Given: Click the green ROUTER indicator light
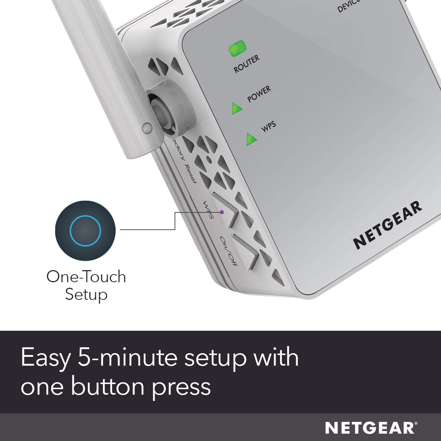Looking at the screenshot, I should coord(238,49).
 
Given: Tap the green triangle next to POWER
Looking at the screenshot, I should coord(237,108).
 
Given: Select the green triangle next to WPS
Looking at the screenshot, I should coord(251,139).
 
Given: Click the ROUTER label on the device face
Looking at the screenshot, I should coord(247,64).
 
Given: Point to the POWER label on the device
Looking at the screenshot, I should coord(259,94).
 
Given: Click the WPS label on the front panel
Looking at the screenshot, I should coord(268,126).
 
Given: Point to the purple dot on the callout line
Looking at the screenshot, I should coord(222,212).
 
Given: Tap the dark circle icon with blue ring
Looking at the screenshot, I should coord(85,230).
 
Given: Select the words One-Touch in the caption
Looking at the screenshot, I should coord(86,277).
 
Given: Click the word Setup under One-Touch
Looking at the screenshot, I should coord(86,294).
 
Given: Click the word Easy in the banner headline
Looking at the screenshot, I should coord(44,358).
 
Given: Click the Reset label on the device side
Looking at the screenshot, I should coord(191,173).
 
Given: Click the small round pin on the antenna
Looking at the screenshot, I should coord(147,128).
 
